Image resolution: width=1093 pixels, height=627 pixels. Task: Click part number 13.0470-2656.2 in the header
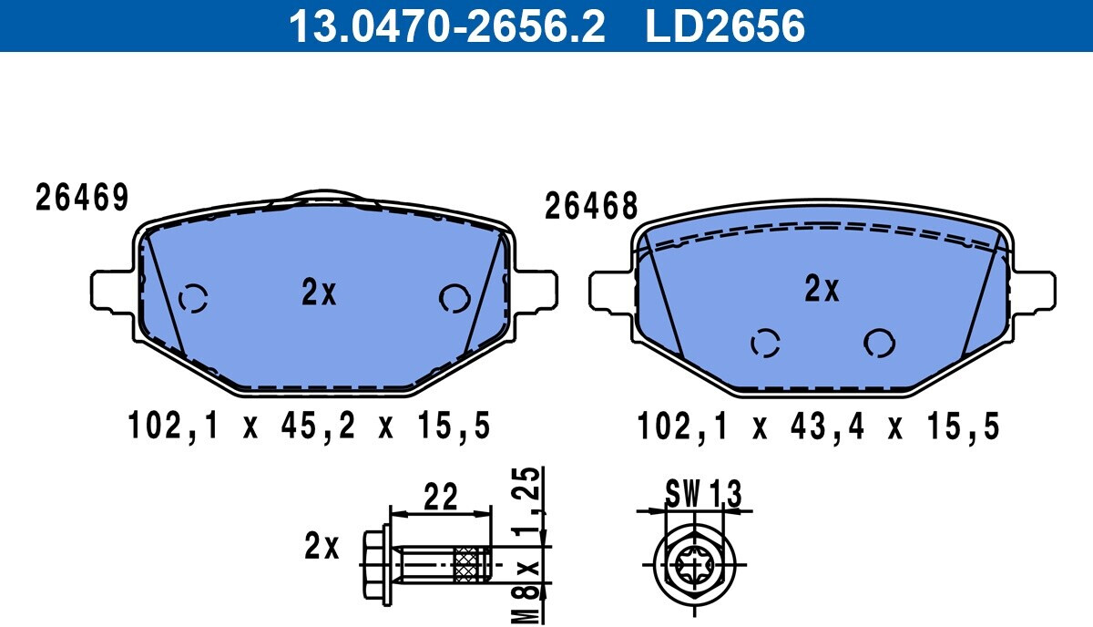(x=446, y=26)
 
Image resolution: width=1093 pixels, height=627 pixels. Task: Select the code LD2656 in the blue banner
(x=725, y=26)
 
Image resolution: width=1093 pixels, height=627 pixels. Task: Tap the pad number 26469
(x=82, y=197)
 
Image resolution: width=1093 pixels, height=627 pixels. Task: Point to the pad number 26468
(x=591, y=206)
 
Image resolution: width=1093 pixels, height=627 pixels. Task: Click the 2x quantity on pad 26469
(x=319, y=292)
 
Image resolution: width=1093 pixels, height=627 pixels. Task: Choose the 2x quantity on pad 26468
(x=822, y=288)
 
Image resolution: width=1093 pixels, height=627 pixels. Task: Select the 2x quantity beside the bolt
(x=321, y=546)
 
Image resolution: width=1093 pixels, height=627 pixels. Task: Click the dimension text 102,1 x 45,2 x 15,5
(x=309, y=426)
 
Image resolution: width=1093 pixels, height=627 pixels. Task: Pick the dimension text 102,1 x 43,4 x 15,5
(x=818, y=427)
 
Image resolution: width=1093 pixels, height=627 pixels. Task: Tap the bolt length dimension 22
(x=441, y=496)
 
